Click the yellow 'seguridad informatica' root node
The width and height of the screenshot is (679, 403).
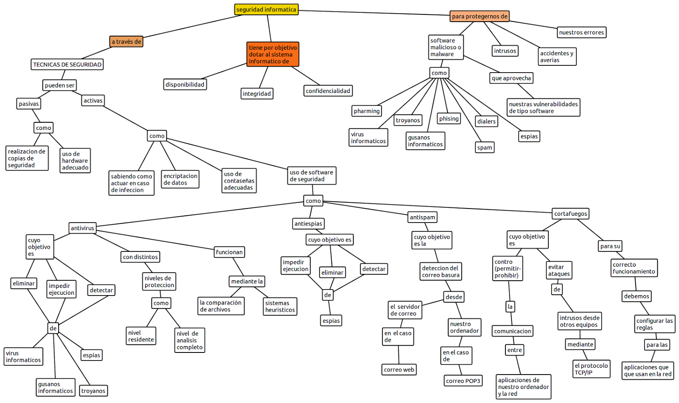266,9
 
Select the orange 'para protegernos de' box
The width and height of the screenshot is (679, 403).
480,16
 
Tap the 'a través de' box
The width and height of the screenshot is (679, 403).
126,42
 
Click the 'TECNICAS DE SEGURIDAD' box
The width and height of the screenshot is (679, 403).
67,65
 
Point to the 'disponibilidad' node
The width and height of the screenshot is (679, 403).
185,85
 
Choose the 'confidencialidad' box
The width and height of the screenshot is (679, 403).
328,91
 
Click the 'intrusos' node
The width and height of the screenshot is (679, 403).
505,51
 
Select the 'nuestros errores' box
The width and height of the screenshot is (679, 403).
581,32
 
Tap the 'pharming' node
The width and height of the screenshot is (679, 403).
367,111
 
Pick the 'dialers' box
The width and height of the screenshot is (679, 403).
486,121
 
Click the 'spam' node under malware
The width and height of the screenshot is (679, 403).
485,147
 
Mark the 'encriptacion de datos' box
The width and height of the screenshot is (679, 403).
180,179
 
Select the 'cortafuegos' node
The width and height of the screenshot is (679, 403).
570,214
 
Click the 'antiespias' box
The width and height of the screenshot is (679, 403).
309,224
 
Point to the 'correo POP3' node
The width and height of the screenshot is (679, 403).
463,381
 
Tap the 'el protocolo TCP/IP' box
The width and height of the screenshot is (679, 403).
591,369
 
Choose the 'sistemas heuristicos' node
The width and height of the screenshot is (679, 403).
280,306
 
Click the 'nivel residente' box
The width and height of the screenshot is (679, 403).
141,336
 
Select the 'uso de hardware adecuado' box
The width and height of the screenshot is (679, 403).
75,161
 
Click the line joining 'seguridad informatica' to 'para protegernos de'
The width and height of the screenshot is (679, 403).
373,13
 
